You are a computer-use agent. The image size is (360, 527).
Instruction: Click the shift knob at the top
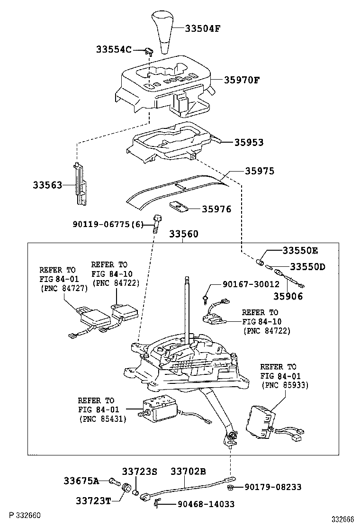click(162, 34)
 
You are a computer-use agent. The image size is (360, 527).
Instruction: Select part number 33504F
click(202, 28)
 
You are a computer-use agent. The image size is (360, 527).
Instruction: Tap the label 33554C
click(114, 49)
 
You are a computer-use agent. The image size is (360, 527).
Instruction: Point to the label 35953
click(248, 142)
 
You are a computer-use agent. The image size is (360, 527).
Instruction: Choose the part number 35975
click(259, 171)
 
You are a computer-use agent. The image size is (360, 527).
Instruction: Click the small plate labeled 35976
click(178, 207)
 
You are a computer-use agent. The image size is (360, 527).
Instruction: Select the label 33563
click(47, 185)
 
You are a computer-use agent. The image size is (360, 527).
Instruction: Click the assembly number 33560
click(184, 234)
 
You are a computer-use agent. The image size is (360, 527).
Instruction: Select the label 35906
click(287, 297)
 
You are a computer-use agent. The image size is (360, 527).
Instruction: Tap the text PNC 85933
click(285, 385)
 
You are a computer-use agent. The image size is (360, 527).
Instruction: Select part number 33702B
click(188, 472)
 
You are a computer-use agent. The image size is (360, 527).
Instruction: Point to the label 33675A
click(81, 481)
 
